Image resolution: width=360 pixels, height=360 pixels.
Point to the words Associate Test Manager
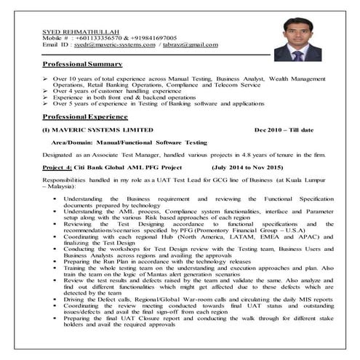click(x=116, y=156)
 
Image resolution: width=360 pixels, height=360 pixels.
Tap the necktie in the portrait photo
click(x=298, y=54)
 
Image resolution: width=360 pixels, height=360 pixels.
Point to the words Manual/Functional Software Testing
click(x=154, y=143)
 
